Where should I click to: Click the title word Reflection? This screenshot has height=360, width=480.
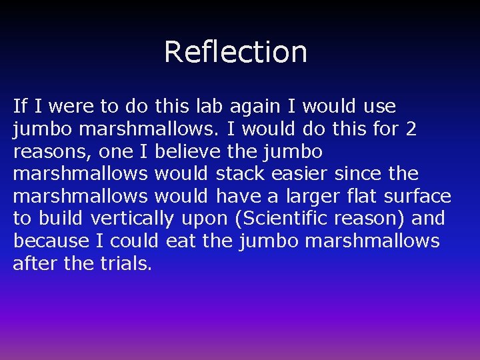click(x=235, y=52)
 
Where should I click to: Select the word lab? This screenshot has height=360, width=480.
click(x=210, y=106)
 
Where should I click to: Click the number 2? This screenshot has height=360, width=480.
click(x=411, y=129)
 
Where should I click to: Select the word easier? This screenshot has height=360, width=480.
click(x=299, y=174)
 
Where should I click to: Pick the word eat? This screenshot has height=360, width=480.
click(x=180, y=241)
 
